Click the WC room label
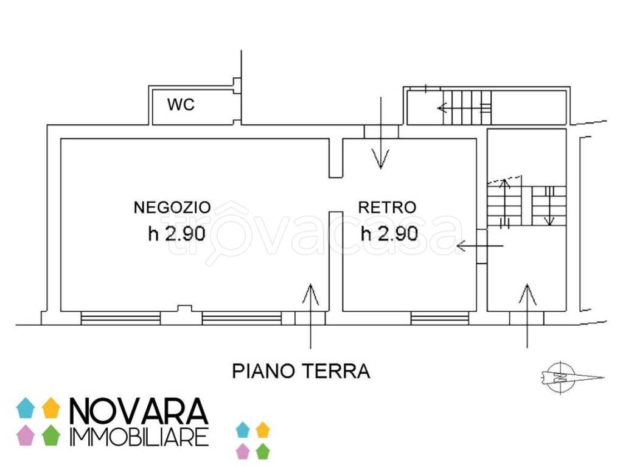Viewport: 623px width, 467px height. (181, 105)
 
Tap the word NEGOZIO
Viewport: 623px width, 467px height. (172, 207)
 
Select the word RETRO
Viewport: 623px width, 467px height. (386, 207)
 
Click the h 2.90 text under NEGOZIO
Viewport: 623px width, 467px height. (176, 233)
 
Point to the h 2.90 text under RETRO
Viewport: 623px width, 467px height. (389, 233)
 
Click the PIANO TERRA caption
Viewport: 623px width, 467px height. (301, 371)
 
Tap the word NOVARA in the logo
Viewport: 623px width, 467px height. (139, 412)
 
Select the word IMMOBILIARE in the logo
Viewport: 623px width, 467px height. (139, 436)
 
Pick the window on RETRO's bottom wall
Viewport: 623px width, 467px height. (440, 318)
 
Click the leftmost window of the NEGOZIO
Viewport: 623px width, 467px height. (121, 318)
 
